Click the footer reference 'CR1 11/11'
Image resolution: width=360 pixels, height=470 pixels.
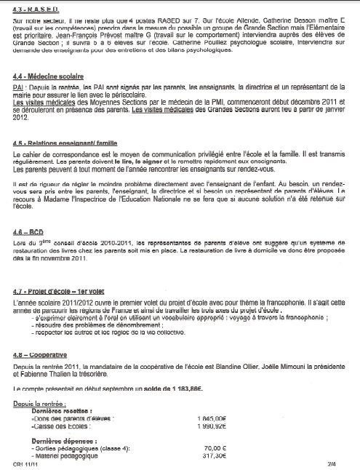pos(25,464)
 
